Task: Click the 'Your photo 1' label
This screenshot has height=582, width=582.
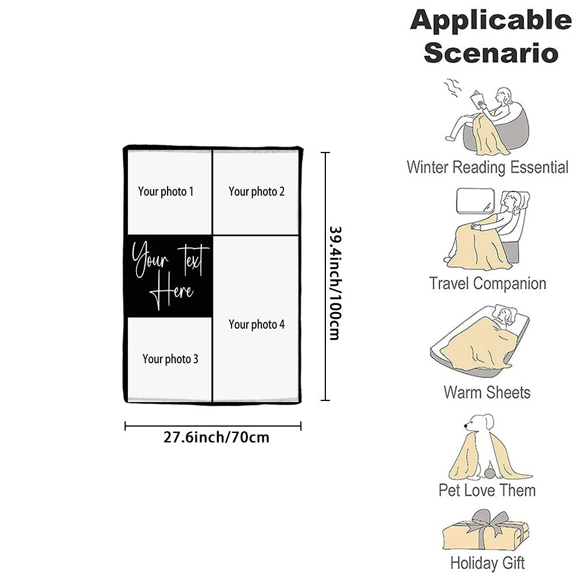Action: coord(166,191)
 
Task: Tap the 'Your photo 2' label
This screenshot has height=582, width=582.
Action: coord(257,191)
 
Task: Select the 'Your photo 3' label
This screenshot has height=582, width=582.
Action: coord(171,359)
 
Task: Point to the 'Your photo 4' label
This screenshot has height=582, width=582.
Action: coord(257,325)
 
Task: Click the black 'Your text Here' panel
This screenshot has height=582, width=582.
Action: coord(169,276)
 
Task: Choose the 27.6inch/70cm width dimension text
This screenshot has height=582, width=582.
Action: coord(217,437)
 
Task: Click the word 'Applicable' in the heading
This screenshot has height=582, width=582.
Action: coord(491,21)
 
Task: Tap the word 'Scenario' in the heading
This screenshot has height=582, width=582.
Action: coord(491,52)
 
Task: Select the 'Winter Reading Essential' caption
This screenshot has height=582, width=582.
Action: coord(487,168)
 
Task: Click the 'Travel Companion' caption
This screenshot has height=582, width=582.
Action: coord(488,284)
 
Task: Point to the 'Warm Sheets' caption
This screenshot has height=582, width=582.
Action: coord(487,392)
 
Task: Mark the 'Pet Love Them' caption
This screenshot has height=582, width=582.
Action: coord(487,490)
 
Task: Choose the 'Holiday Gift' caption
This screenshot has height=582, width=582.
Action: coord(487,563)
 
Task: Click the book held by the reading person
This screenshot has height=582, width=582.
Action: coord(479,100)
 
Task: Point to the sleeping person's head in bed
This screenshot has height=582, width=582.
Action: coord(504,316)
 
